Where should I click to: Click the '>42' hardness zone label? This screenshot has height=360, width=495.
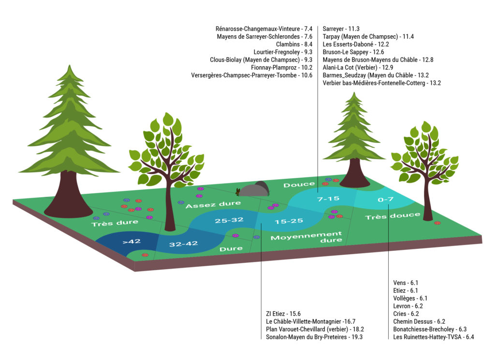click(x=131, y=241)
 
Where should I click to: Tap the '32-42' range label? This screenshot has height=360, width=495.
click(x=183, y=244)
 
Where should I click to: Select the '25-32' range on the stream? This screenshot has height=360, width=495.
click(x=229, y=220)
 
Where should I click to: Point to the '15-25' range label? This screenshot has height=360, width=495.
click(x=289, y=221)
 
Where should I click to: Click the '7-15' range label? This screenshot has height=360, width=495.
click(x=328, y=199)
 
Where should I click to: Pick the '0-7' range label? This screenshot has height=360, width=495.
click(x=385, y=199)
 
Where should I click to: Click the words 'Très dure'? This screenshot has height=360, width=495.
click(x=115, y=223)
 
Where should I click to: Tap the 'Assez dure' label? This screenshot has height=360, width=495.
click(x=213, y=204)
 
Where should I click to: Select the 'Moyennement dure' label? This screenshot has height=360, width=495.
click(x=306, y=237)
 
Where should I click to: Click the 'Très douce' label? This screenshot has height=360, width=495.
click(x=393, y=216)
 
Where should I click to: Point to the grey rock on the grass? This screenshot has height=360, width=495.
click(x=254, y=189)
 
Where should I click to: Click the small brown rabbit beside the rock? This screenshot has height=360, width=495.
click(x=238, y=191)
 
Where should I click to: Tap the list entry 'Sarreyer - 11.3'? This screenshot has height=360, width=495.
click(x=341, y=29)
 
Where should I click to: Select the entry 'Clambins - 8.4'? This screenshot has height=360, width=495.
click(x=294, y=44)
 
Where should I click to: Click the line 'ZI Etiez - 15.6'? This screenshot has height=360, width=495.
click(x=283, y=314)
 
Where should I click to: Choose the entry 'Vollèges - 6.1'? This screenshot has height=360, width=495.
click(x=410, y=298)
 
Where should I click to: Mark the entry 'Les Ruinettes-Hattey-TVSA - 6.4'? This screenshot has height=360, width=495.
click(x=434, y=337)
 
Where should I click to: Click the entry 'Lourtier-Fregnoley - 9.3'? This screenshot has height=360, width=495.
click(x=283, y=52)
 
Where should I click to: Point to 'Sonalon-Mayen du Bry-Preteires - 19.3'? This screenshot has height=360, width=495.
click(x=314, y=337)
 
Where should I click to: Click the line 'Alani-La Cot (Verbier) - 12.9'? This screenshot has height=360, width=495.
click(x=358, y=68)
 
